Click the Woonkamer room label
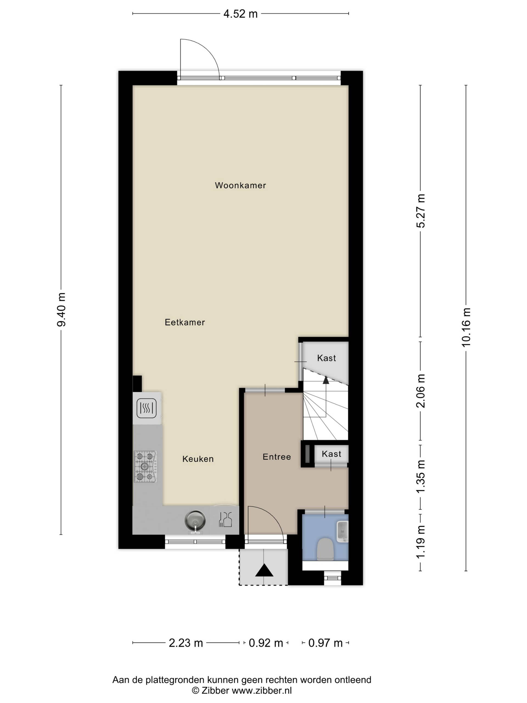240,185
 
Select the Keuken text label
198,459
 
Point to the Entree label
277,457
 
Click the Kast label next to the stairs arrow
326,358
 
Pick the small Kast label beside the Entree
331,454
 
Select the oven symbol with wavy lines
147,408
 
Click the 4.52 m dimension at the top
240,14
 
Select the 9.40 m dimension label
61,309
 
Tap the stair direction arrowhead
326,380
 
